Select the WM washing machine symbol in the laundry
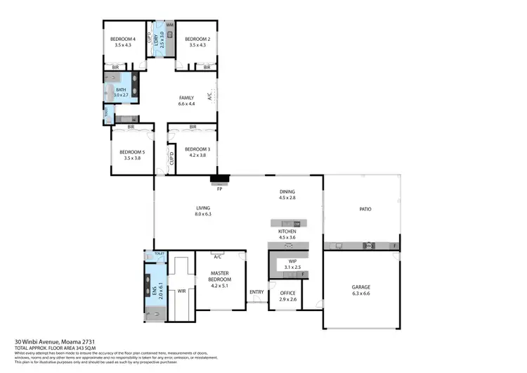tap(170, 25)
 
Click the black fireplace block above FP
tap(219, 180)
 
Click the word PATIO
tap(365, 209)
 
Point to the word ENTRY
tap(256, 292)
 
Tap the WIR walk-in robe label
tap(181, 291)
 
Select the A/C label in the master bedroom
tap(218, 257)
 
